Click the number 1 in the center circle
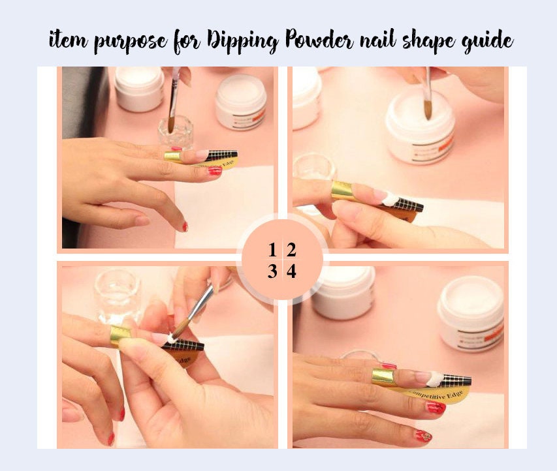click(272, 250)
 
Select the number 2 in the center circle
click(291, 250)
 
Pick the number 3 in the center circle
click(272, 271)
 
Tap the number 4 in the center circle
click(291, 271)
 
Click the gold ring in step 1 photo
click(172, 157)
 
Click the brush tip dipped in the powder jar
click(427, 110)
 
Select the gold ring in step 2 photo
click(343, 190)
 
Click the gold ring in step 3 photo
click(120, 335)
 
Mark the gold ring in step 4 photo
click(383, 377)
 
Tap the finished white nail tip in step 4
click(422, 377)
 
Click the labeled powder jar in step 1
click(240, 101)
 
